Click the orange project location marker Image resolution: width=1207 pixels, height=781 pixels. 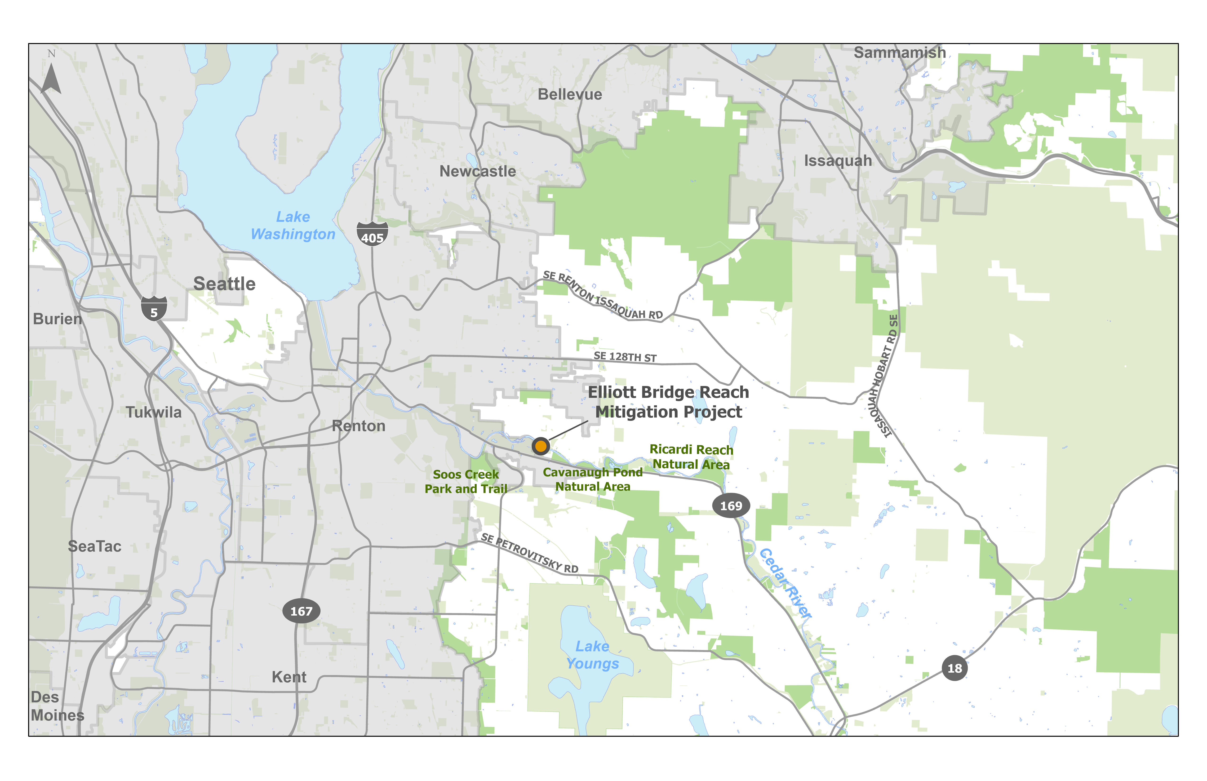pyautogui.click(x=541, y=446)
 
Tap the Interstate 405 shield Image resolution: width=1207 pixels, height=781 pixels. pyautogui.click(x=372, y=234)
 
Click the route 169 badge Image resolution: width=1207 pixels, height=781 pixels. pyautogui.click(x=731, y=506)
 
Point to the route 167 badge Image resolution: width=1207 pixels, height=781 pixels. pyautogui.click(x=301, y=611)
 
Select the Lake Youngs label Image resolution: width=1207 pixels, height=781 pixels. pyautogui.click(x=592, y=655)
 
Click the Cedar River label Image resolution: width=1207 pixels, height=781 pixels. pyautogui.click(x=785, y=583)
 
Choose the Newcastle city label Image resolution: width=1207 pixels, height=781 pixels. pyautogui.click(x=478, y=171)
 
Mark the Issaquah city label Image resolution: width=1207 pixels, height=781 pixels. pyautogui.click(x=838, y=161)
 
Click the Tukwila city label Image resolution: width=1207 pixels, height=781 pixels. pyautogui.click(x=154, y=412)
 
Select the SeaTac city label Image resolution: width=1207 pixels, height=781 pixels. pyautogui.click(x=95, y=546)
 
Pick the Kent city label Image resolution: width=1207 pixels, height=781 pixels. pyautogui.click(x=289, y=677)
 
